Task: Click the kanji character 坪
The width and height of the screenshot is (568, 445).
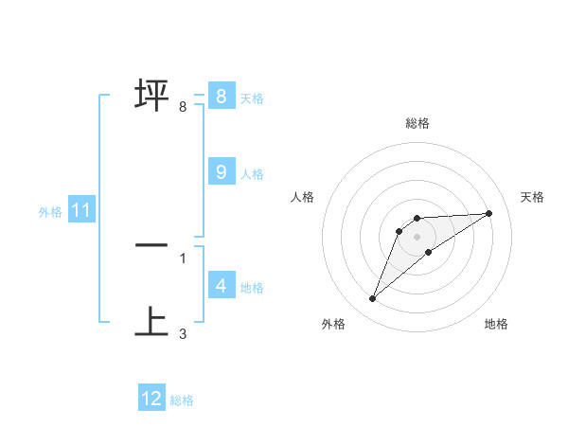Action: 152,96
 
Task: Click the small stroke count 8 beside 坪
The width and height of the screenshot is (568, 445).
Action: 183,107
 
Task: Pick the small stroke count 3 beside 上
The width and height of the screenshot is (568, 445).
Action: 183,334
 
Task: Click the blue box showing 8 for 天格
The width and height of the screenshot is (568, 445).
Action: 221,96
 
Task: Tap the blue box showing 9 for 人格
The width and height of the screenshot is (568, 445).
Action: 221,171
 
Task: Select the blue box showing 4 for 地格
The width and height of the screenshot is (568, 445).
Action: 221,285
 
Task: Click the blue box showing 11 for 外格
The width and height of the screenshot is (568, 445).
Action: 80,210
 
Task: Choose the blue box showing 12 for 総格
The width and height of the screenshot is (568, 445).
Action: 151,399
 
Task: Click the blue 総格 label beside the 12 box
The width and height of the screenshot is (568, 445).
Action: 182,400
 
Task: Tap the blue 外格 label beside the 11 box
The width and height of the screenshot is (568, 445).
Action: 50,212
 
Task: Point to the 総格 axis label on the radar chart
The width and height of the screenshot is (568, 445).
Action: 417,123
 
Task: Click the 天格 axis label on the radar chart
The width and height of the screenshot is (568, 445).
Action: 532,197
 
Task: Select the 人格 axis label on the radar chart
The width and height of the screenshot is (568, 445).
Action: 303,197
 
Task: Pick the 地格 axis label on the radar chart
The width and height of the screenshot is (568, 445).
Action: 496,324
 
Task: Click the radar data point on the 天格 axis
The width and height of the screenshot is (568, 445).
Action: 489,213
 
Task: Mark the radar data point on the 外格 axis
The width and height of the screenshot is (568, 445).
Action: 372,298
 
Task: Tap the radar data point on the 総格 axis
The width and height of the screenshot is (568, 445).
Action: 417,218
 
